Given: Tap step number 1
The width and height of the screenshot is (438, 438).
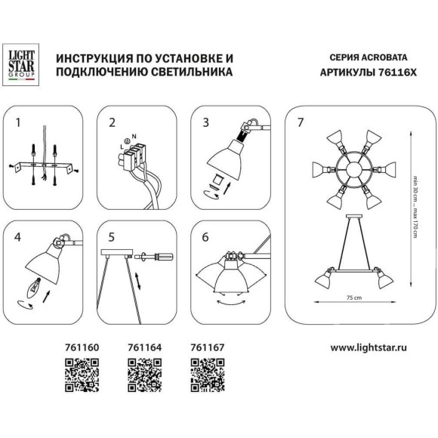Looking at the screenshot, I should pos(20,121).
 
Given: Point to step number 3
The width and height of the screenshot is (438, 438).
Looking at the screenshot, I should pos(205,121).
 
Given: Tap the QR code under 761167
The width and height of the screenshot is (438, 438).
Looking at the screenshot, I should pos(204,374).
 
